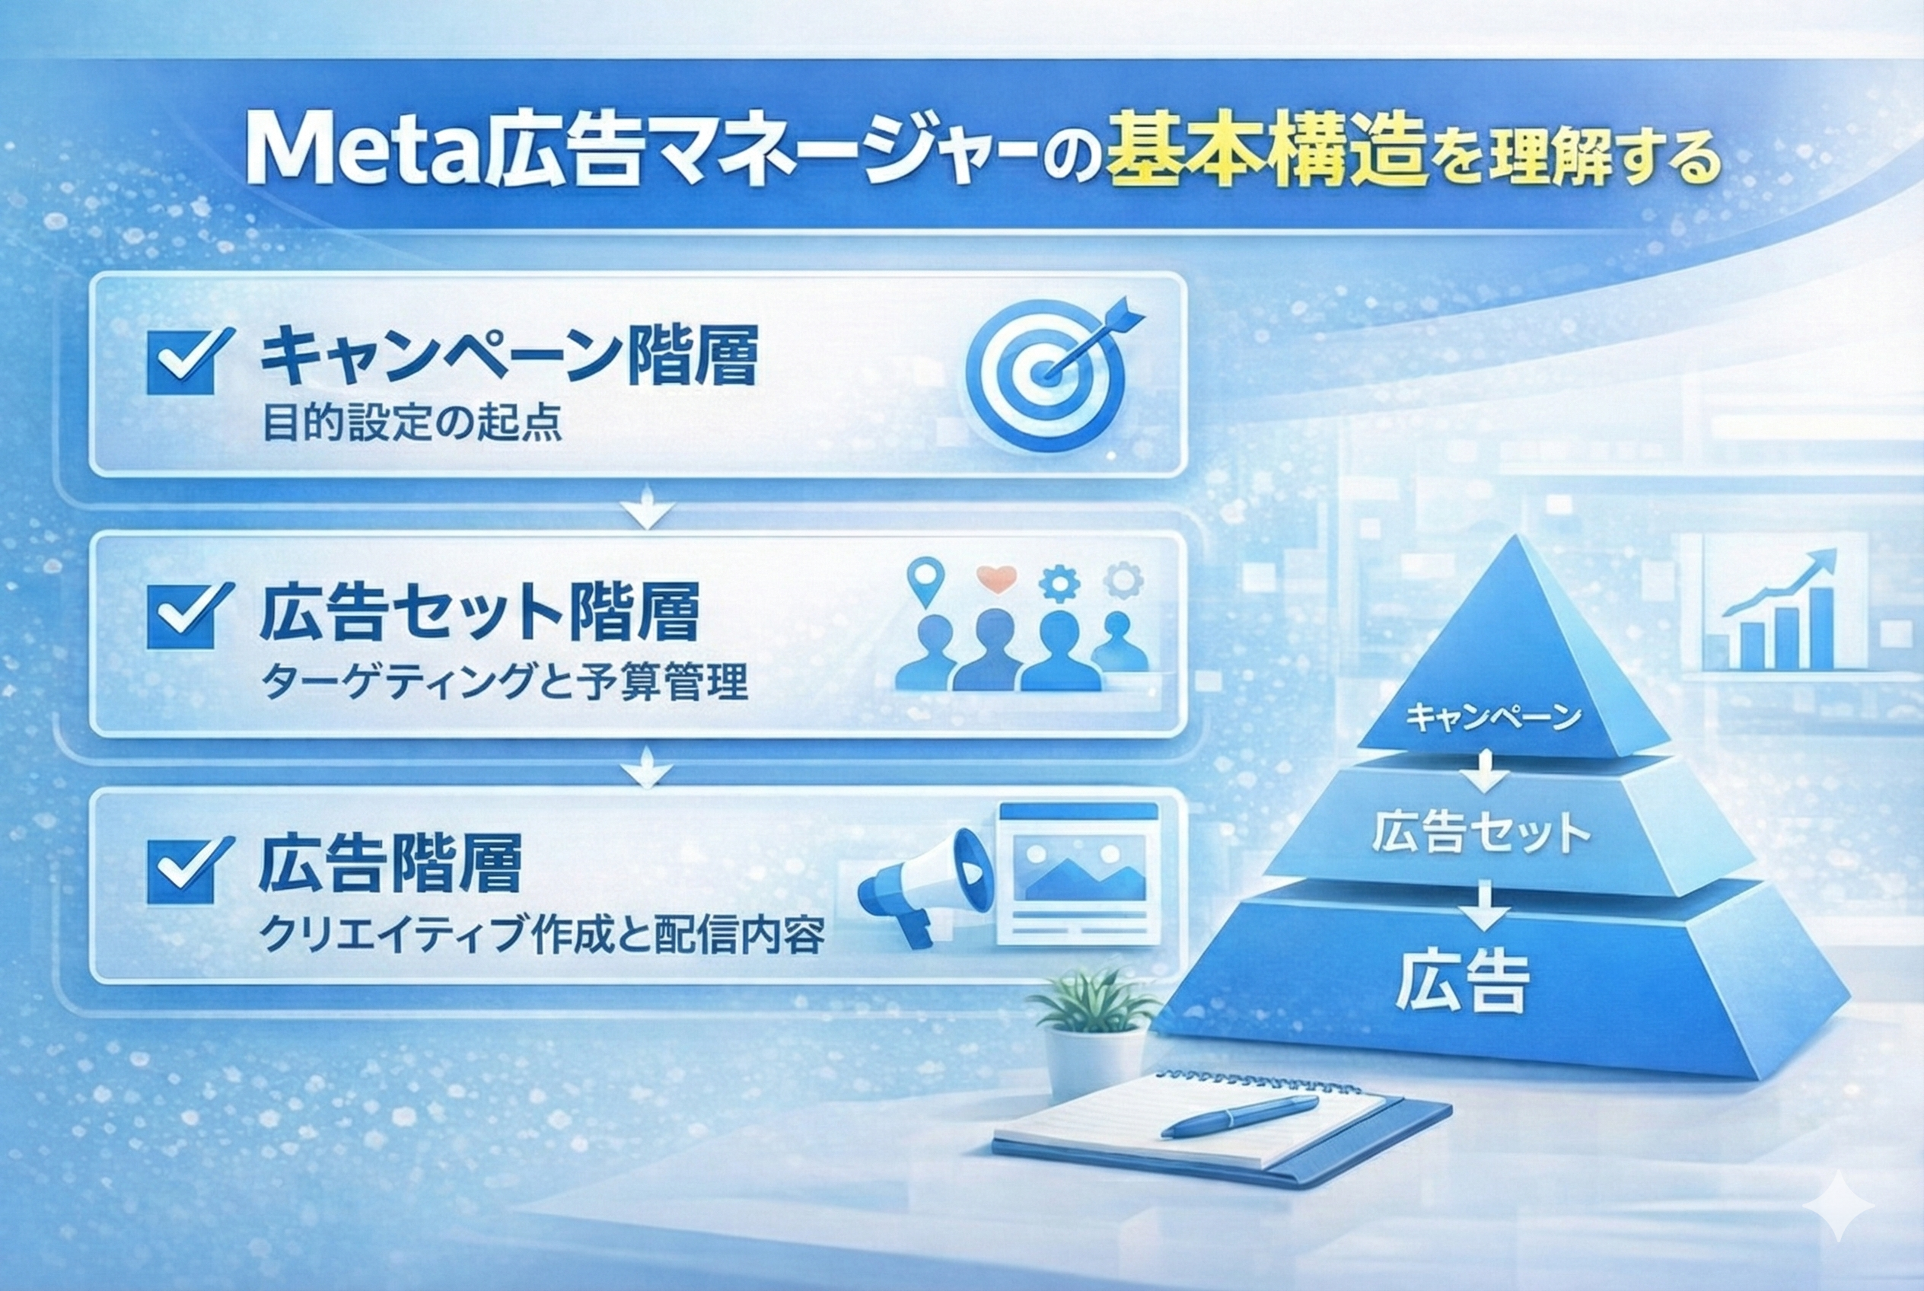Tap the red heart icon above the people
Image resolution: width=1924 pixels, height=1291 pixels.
[995, 577]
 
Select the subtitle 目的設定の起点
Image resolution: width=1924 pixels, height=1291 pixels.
[412, 426]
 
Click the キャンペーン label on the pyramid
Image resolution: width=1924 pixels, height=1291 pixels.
[1492, 717]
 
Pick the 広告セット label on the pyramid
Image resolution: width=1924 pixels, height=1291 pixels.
[1480, 833]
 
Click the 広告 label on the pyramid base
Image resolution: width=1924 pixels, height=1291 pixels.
[1462, 982]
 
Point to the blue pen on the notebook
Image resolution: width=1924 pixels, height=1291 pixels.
[1240, 1116]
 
